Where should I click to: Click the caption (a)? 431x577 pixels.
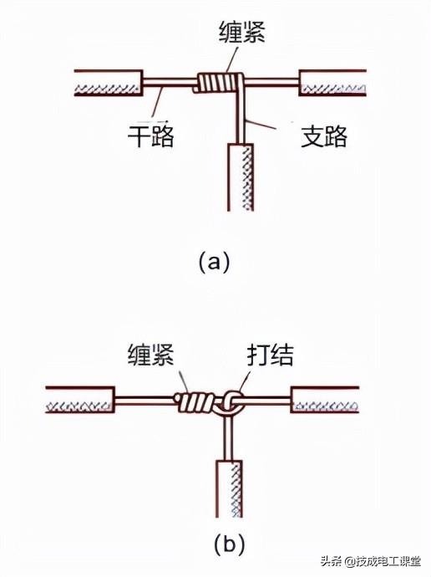(214, 262)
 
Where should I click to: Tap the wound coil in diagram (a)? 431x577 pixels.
(216, 83)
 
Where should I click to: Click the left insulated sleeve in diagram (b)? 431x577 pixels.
(79, 401)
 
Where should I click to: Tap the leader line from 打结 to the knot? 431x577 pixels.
(249, 380)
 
